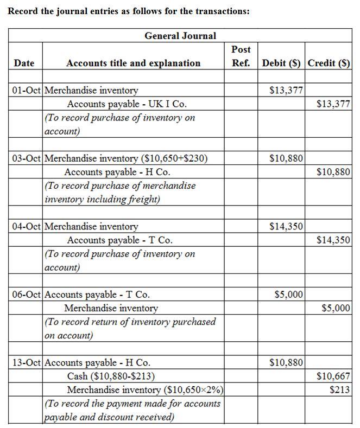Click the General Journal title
[180, 36]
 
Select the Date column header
[24, 63]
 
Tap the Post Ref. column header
[241, 56]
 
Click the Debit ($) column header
[281, 63]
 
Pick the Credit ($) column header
[329, 63]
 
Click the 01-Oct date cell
[26, 91]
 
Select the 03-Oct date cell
[26, 158]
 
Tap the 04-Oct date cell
[26, 226]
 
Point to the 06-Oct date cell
[26, 295]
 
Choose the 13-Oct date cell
[26, 362]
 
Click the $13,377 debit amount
[286, 91]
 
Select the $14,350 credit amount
[333, 240]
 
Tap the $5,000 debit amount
[289, 295]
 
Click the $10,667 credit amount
[333, 376]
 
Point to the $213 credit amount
[339, 389]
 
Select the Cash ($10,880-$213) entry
[111, 376]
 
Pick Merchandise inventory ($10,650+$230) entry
[125, 158]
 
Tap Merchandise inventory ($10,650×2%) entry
[145, 389]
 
